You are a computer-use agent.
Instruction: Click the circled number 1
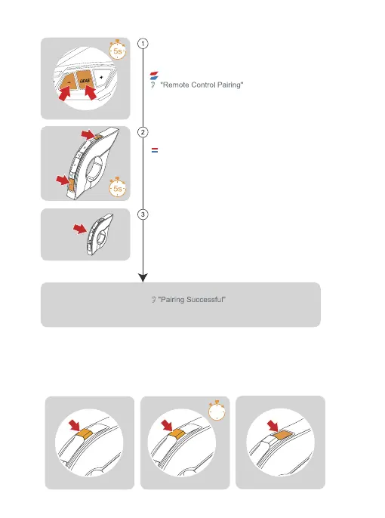(143, 44)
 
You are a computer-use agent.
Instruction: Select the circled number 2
(143, 132)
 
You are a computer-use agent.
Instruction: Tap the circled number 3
(143, 214)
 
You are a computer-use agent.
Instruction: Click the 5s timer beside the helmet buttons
(118, 50)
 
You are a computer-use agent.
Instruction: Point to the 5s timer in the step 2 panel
(118, 187)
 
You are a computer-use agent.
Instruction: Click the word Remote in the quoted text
(176, 85)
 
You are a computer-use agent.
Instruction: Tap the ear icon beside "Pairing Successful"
(153, 300)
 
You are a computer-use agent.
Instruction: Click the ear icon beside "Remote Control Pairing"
(152, 85)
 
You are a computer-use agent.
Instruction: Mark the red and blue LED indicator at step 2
(155, 150)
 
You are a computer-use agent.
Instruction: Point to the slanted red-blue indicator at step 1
(154, 76)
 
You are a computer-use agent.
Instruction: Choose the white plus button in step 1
(101, 77)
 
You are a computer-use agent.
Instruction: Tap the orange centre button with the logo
(85, 80)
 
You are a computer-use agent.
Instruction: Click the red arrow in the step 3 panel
(80, 228)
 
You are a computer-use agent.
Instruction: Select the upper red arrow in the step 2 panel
(88, 134)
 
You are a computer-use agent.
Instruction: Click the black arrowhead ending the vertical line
(143, 278)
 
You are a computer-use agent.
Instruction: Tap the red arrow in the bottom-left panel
(75, 425)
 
